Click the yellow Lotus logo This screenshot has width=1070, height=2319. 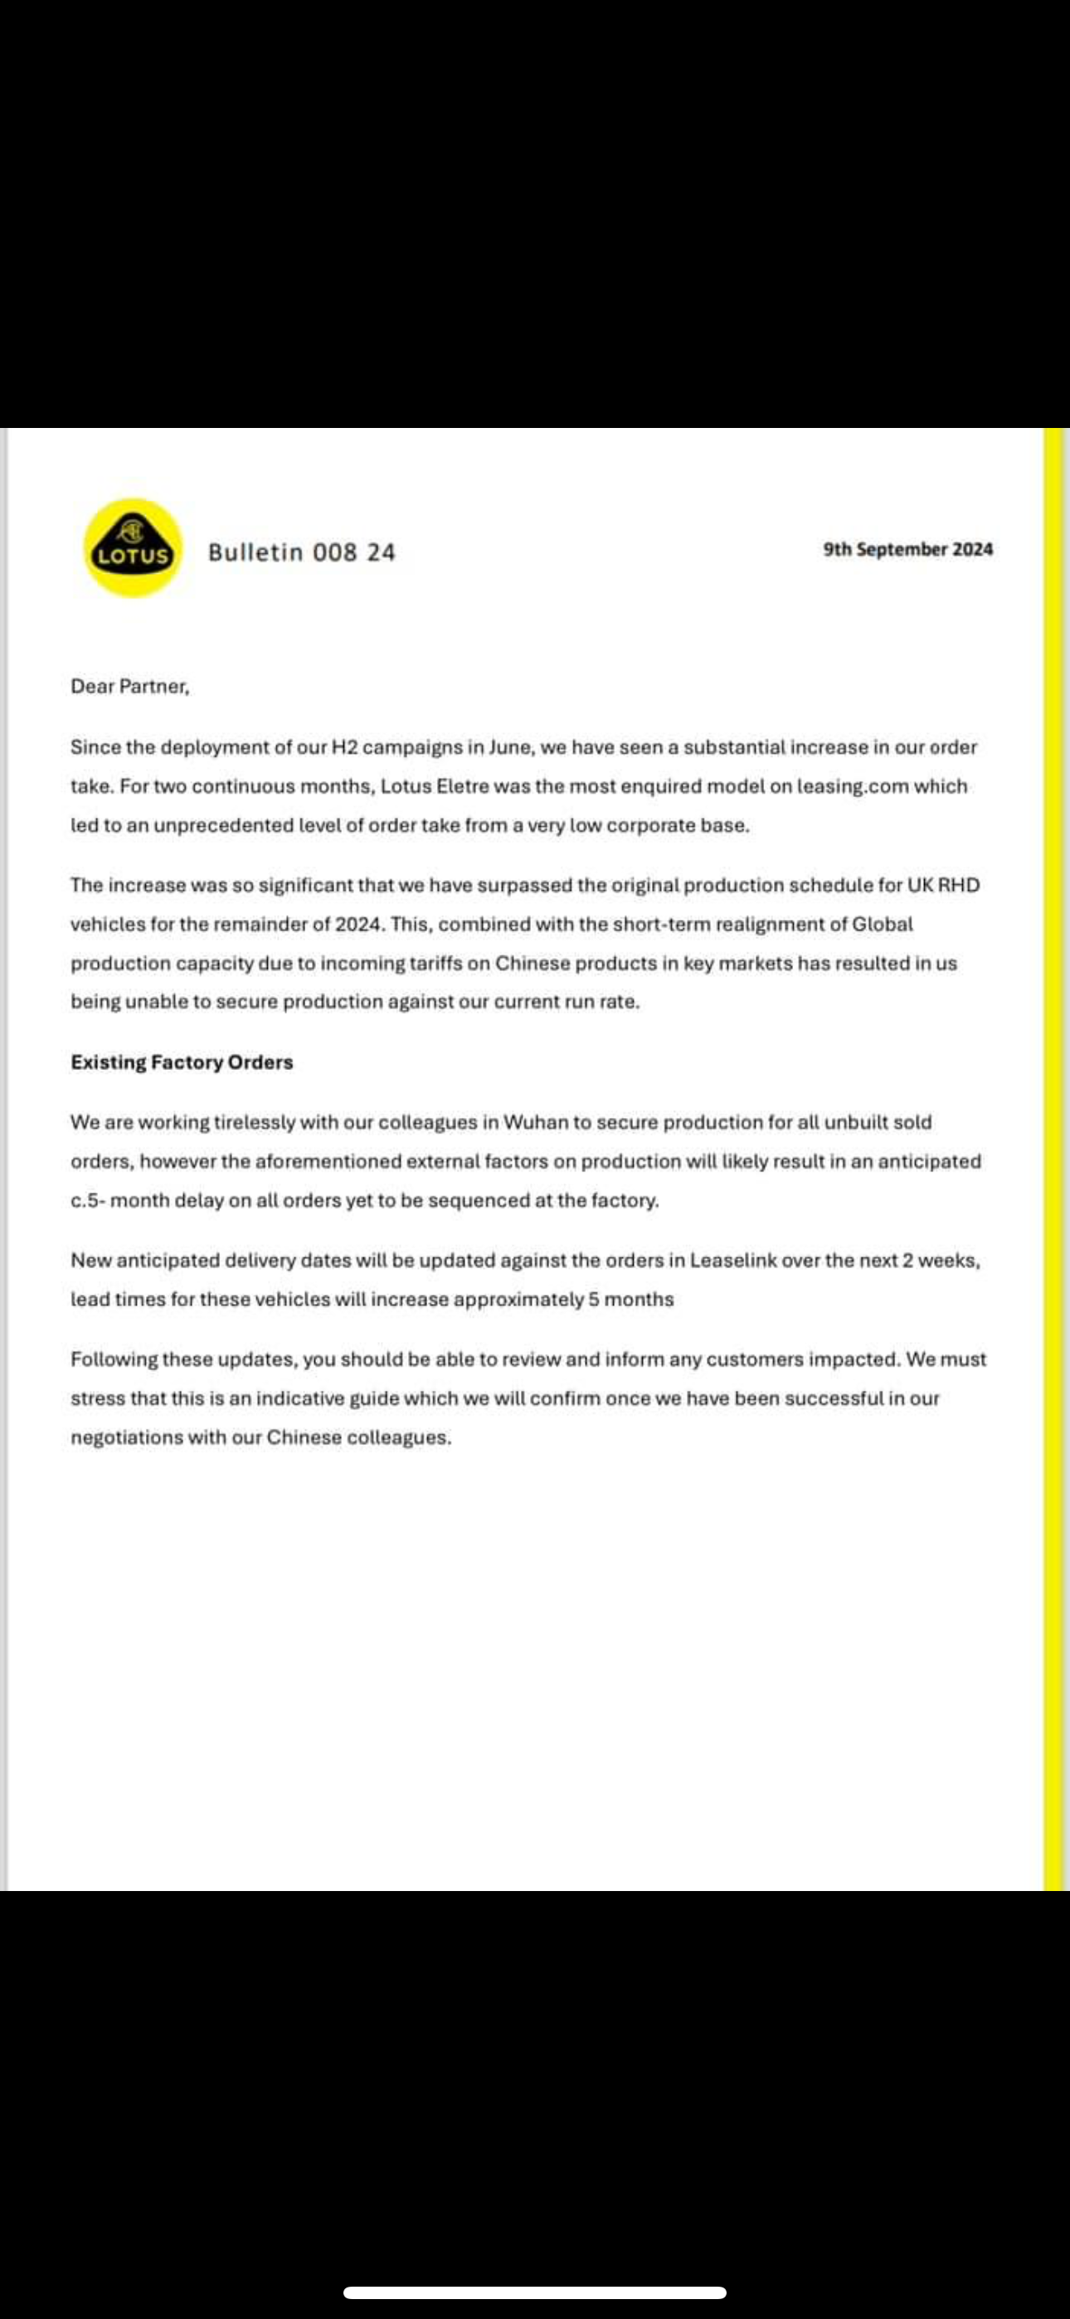coord(134,547)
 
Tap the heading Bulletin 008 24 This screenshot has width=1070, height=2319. coord(302,552)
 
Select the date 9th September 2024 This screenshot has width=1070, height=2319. coord(908,549)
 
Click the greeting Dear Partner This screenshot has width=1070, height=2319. coord(129,686)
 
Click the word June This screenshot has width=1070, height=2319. coord(510,747)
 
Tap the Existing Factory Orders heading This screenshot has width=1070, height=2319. coord(182,1062)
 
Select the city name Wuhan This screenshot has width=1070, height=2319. coord(536,1122)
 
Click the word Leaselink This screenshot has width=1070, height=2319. coord(733,1261)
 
